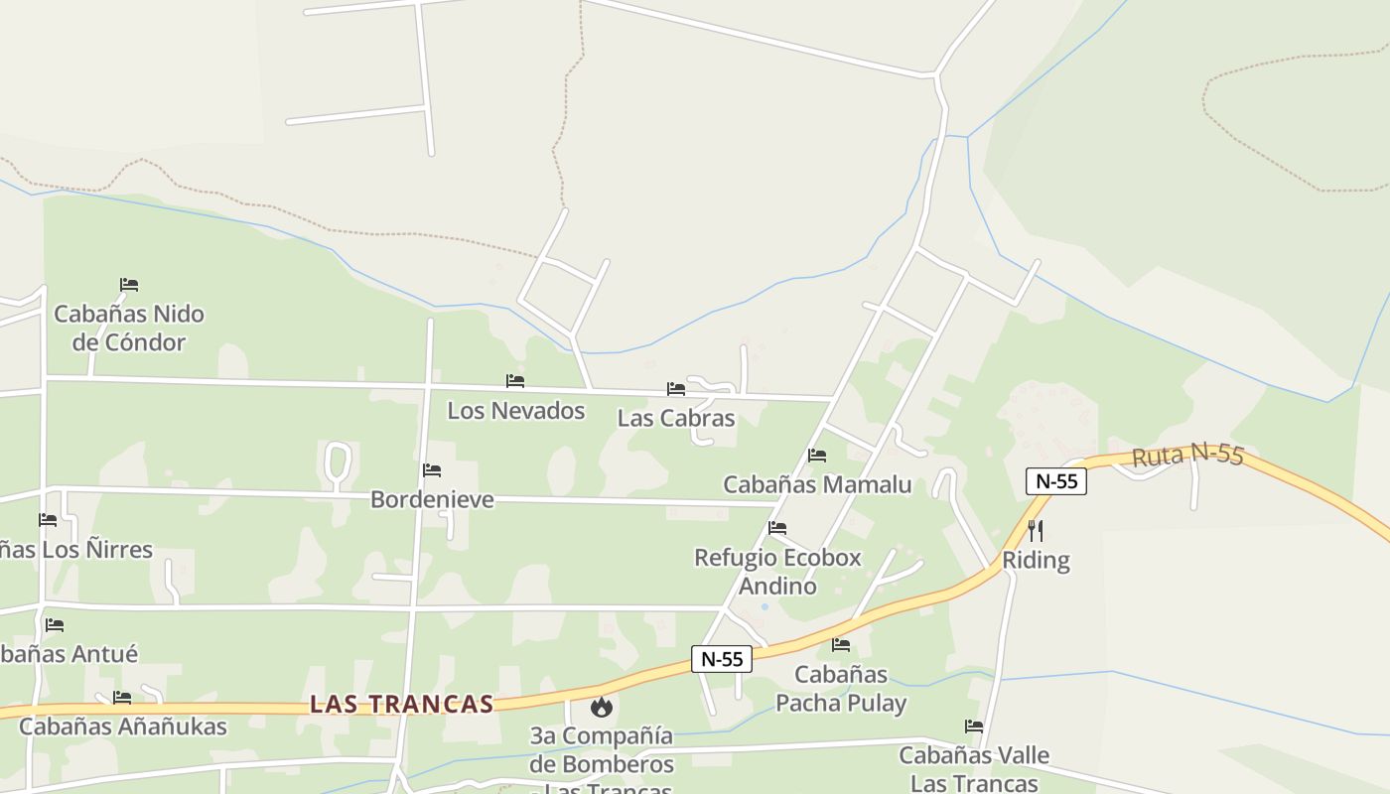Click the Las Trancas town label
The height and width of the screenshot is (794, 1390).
click(x=401, y=704)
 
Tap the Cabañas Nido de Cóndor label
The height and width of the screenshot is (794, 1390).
click(x=129, y=329)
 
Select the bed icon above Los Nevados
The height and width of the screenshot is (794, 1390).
click(x=514, y=381)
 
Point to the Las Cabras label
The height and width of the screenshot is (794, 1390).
click(x=676, y=418)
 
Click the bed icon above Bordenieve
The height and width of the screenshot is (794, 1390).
click(x=431, y=470)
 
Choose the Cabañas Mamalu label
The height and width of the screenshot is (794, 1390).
click(x=817, y=484)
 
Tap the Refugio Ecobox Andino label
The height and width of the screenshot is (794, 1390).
click(x=777, y=572)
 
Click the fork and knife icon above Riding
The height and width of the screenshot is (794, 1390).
click(x=1035, y=530)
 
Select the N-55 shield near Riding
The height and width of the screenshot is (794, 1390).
click(x=1056, y=481)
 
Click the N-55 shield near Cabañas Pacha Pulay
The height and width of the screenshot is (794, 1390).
click(x=722, y=659)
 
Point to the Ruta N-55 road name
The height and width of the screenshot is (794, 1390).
click(x=1187, y=456)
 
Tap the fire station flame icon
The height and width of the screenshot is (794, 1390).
click(x=601, y=707)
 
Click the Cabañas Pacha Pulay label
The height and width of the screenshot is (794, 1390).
click(x=841, y=689)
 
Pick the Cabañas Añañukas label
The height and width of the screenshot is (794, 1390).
click(x=123, y=727)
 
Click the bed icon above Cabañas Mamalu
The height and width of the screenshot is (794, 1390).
click(x=817, y=456)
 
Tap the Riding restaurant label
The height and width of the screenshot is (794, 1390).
click(x=1036, y=560)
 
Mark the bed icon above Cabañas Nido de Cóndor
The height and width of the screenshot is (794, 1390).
click(x=128, y=285)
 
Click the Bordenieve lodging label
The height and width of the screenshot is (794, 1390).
click(x=432, y=499)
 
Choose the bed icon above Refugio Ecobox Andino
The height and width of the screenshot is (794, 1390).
click(x=777, y=528)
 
